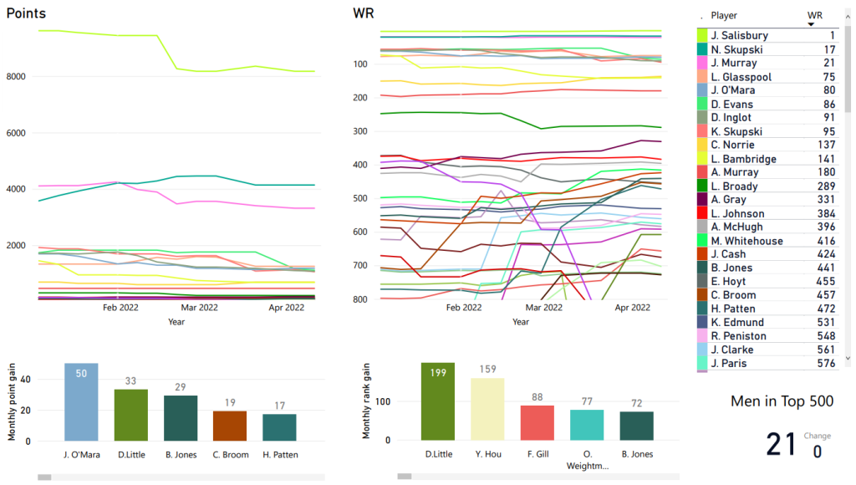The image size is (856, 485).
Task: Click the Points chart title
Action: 26,14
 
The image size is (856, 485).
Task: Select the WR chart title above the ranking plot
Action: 364,14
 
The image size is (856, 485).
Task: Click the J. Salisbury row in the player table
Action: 739,36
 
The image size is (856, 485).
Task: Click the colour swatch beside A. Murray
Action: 702,173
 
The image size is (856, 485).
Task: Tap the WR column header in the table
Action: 814,15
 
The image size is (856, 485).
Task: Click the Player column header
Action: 724,15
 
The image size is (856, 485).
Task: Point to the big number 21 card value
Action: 781,444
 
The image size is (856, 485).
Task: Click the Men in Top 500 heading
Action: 782,401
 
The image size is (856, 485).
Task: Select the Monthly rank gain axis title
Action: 366,402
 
